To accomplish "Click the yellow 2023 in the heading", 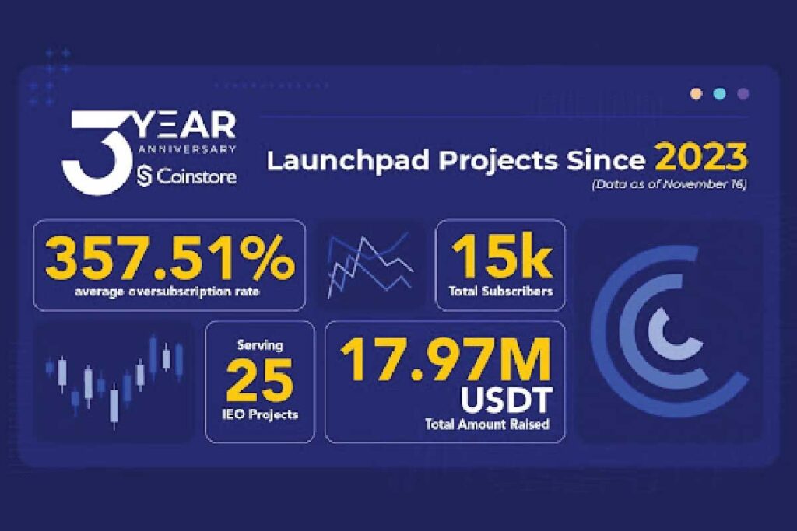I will [x=700, y=159].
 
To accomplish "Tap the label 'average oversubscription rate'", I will [x=169, y=292].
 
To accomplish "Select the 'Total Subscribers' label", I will [x=500, y=292].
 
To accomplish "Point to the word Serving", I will [x=260, y=344].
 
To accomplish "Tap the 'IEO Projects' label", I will [x=260, y=414].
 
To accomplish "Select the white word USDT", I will [x=505, y=401].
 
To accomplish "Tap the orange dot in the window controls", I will [x=696, y=94].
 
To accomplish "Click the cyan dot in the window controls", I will [x=719, y=94].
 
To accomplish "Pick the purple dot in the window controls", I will [x=743, y=94].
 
